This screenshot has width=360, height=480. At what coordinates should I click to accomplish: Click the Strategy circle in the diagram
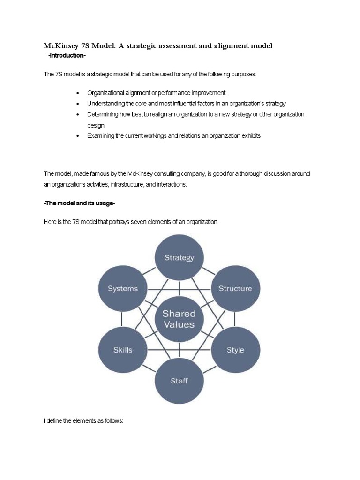click(179, 258)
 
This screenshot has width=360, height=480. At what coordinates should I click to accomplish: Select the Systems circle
click(123, 289)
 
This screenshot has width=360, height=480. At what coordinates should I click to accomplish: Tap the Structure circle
click(235, 289)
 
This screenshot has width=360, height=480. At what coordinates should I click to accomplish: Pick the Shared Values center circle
click(179, 319)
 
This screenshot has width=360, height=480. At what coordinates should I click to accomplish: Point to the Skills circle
click(123, 350)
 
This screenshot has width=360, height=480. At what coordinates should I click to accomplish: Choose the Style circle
click(235, 350)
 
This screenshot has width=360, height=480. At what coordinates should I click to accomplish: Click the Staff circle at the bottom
click(179, 381)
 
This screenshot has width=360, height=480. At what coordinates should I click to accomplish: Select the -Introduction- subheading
click(67, 56)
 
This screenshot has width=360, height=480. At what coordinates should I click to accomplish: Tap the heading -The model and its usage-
click(79, 202)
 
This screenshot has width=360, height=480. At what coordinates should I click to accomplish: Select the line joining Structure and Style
click(235, 320)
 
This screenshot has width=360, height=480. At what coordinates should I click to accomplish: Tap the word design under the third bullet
click(96, 126)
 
